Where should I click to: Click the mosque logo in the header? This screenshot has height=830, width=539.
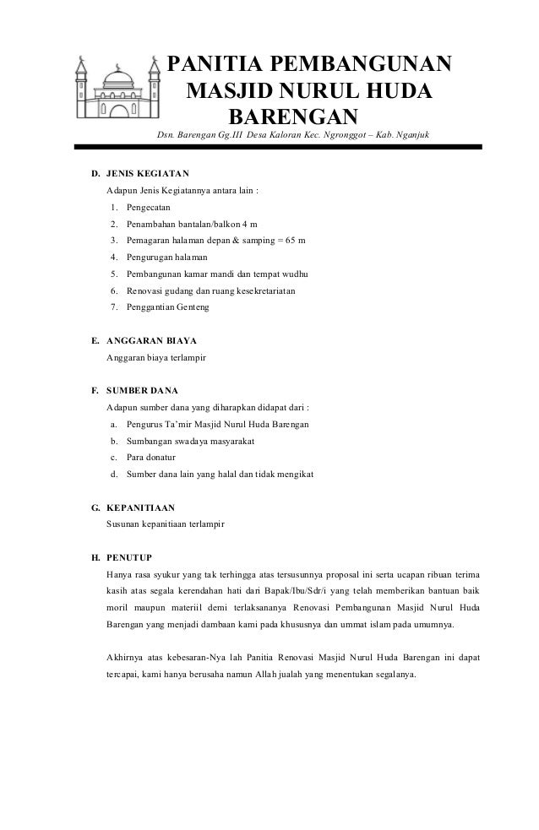[117, 89]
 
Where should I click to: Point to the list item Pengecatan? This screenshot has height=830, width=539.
[148, 207]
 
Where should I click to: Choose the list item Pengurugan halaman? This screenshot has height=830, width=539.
[166, 257]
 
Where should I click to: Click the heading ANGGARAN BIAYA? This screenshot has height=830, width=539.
[150, 341]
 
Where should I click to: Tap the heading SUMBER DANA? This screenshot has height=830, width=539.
[141, 391]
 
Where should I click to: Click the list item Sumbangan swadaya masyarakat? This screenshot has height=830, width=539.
[190, 441]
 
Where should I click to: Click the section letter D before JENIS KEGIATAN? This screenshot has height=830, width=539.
[95, 174]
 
